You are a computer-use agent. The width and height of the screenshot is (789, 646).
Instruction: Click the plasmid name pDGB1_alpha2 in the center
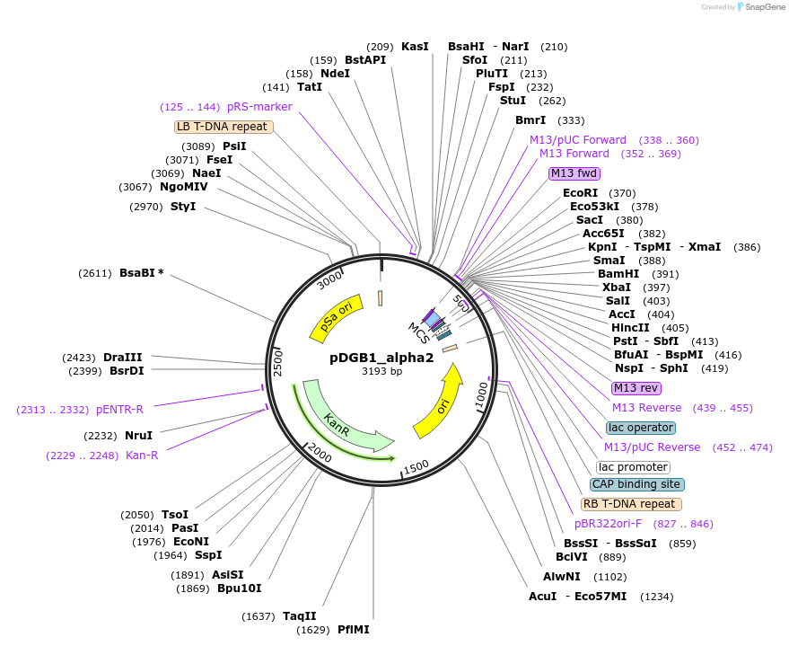(381, 357)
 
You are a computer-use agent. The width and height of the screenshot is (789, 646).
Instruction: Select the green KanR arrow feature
(346, 422)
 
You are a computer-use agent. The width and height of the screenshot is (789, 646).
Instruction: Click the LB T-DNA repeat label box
(222, 127)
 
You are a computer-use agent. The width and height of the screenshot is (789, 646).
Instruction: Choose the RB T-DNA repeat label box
(631, 504)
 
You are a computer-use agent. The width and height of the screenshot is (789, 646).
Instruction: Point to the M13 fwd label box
(574, 173)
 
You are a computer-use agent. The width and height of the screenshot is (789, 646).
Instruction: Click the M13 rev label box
(636, 388)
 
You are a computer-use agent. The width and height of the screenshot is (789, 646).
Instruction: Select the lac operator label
(641, 428)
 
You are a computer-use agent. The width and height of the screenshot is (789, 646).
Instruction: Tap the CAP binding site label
(637, 484)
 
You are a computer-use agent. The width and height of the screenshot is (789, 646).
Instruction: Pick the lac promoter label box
(633, 467)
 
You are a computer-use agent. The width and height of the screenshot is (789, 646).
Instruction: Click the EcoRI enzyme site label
(580, 193)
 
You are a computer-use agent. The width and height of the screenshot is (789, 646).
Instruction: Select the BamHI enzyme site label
(618, 274)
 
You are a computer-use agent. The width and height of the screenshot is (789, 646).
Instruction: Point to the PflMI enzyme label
(354, 630)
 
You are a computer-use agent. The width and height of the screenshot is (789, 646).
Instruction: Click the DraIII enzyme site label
(122, 358)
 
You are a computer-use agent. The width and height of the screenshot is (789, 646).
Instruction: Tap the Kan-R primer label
(142, 456)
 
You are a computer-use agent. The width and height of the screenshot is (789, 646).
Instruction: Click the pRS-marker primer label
(259, 107)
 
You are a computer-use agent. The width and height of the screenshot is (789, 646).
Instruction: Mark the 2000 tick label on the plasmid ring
(320, 452)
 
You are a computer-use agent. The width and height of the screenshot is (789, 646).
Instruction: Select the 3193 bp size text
(381, 371)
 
